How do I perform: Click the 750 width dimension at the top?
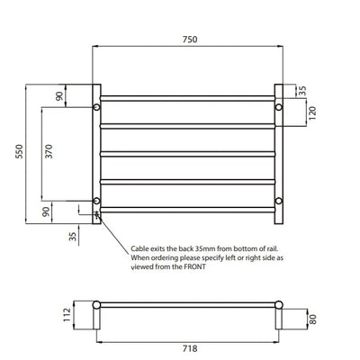(x=188, y=40)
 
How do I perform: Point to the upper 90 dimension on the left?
(x=60, y=96)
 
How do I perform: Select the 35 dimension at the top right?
(x=301, y=90)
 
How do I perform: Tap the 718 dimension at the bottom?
(x=188, y=346)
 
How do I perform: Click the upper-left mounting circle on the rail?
(x=96, y=108)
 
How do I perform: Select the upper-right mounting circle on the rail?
(x=279, y=108)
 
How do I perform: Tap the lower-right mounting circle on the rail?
(x=279, y=200)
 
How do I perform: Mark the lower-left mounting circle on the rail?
(x=96, y=200)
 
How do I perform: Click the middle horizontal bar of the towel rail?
(x=187, y=154)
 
